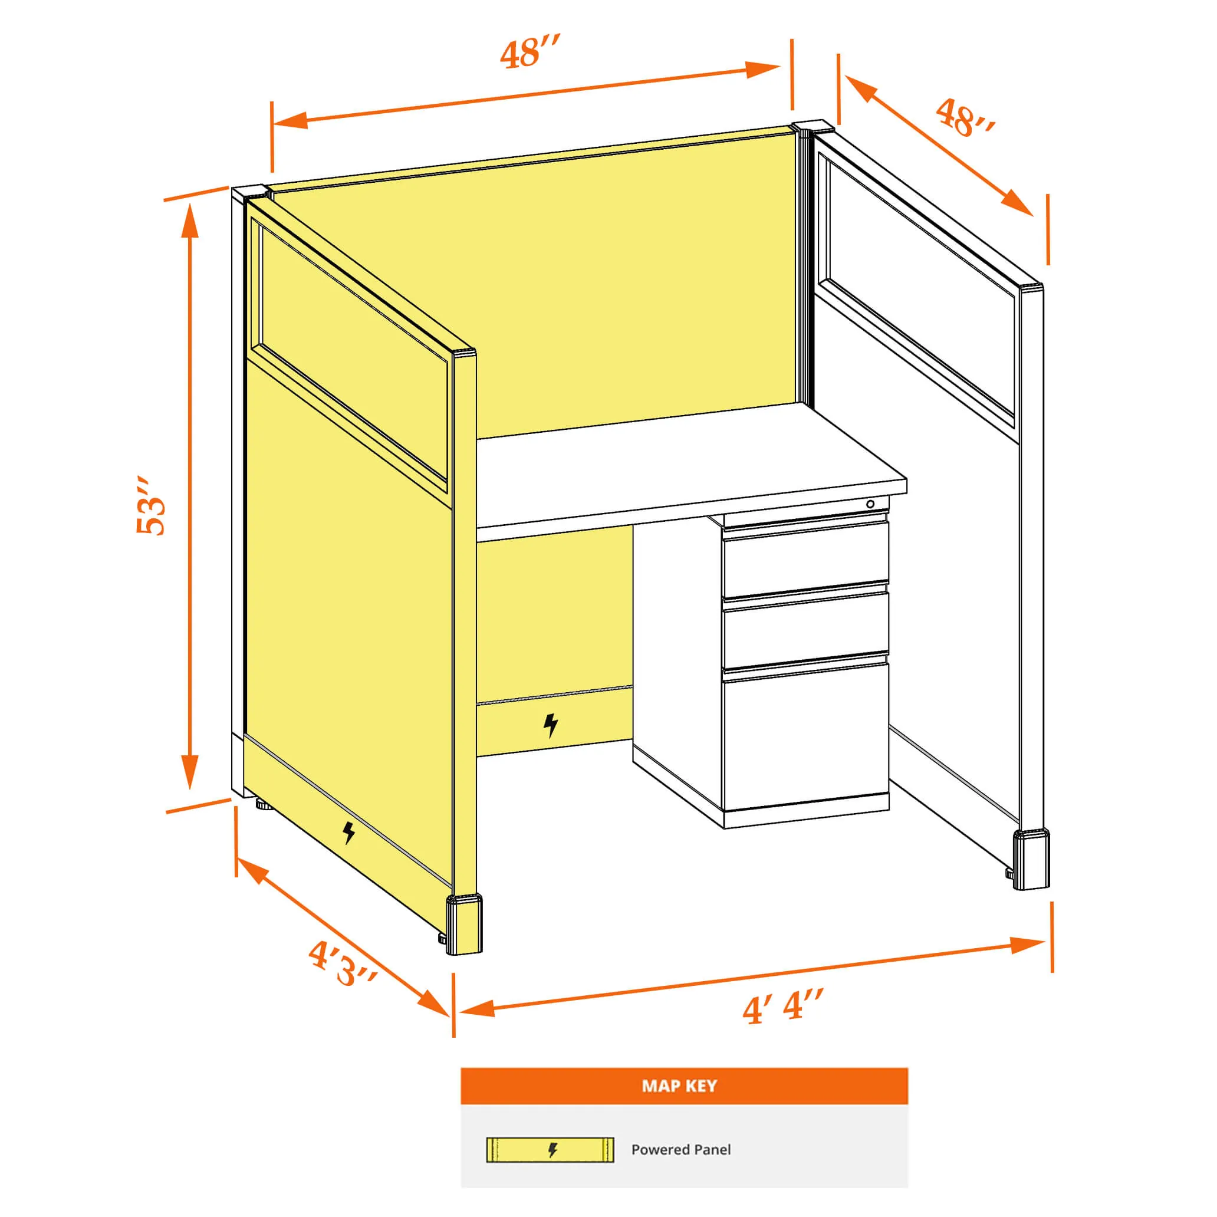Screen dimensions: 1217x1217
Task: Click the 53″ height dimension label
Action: pos(151,506)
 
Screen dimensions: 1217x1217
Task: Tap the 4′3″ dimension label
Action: pos(342,964)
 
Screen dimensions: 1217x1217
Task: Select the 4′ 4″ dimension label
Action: pos(782,1007)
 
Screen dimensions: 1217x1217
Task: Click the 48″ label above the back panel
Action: pos(529,52)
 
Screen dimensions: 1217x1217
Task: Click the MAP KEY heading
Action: pos(679,1086)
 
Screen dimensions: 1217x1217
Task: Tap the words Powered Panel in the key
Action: pos(681,1150)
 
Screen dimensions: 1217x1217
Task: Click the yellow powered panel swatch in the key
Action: pos(550,1150)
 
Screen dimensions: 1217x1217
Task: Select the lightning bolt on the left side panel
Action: pos(348,833)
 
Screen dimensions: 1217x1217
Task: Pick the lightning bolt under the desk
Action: pos(551,725)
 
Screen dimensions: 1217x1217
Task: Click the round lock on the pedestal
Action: pos(870,504)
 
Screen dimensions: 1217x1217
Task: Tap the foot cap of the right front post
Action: pos(1031,859)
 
